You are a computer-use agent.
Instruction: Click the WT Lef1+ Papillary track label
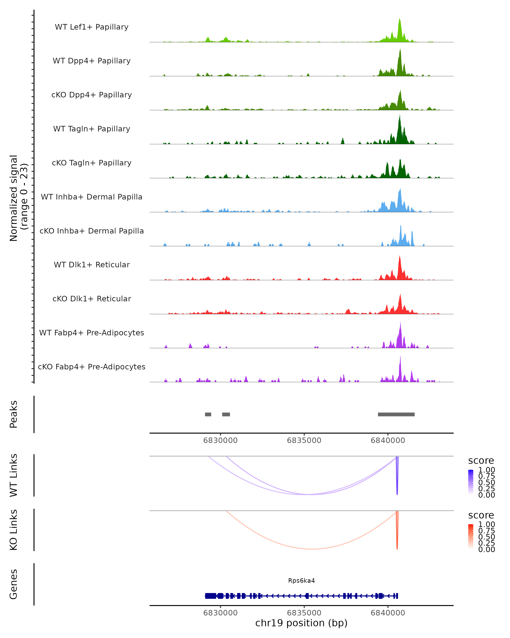92,27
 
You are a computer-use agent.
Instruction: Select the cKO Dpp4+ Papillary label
92,95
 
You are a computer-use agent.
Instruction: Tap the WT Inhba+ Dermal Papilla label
92,197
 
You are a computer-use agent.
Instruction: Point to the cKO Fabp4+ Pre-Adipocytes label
92,367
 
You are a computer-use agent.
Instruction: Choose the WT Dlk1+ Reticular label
92,265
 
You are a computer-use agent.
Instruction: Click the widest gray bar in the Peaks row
396,414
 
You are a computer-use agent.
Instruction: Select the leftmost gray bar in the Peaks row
208,414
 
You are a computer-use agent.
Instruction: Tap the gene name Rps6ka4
301,581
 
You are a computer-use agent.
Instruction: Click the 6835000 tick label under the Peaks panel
304,440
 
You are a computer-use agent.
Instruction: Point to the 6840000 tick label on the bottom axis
388,613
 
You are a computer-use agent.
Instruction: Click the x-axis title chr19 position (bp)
301,623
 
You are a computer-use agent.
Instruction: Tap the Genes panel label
14,584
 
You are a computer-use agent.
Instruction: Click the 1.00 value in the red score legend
486,524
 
